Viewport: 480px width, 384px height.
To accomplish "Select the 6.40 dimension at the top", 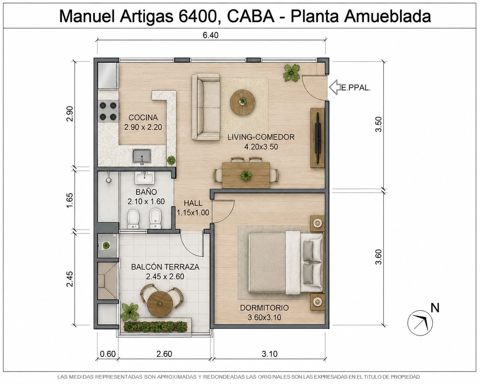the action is (210, 35).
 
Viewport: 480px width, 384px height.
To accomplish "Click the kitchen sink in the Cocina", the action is (142, 156).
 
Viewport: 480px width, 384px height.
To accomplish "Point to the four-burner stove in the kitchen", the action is (108, 111).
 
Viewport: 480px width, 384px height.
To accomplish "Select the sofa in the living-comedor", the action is (206, 107).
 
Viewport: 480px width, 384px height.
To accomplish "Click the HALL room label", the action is (193, 203).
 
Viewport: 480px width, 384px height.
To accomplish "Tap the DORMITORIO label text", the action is (264, 308).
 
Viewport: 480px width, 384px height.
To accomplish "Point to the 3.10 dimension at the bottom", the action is (269, 354).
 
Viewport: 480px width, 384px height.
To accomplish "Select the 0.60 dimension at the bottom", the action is (108, 354).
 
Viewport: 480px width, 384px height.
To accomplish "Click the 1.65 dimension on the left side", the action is (70, 200).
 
